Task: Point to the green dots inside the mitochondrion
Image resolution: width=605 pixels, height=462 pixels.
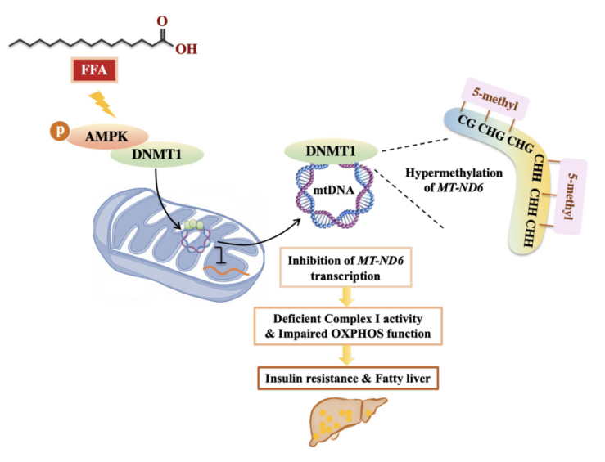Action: (x=192, y=227)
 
